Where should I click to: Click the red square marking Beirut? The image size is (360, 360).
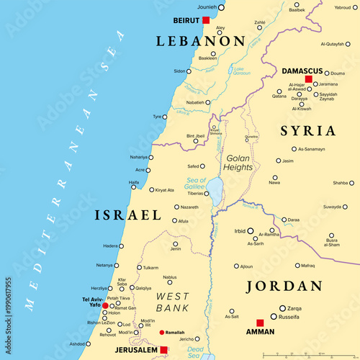click(206, 20)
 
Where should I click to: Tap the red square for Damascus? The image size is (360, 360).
click(308, 79)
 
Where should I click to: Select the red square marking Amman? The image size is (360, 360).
click(260, 323)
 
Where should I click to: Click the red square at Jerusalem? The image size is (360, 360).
click(164, 350)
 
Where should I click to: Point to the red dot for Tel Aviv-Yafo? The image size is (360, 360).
click(105, 305)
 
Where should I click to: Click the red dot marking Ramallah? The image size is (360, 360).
click(161, 333)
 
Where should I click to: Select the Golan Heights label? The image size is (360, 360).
click(239, 162)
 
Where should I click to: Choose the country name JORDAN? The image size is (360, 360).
click(284, 286)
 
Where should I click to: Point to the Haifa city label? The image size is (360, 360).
click(134, 182)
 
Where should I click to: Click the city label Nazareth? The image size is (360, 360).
click(189, 207)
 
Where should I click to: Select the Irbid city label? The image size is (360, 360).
click(240, 231)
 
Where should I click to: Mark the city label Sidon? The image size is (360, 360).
click(180, 71)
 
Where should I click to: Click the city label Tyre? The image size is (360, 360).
click(157, 117)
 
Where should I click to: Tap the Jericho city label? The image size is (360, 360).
click(186, 338)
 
